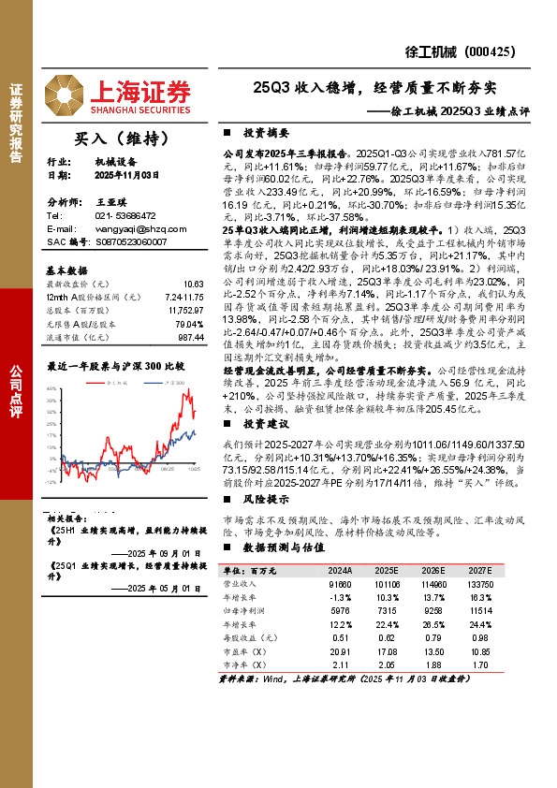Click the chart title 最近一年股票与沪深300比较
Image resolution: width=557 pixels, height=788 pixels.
pyautogui.click(x=116, y=366)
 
